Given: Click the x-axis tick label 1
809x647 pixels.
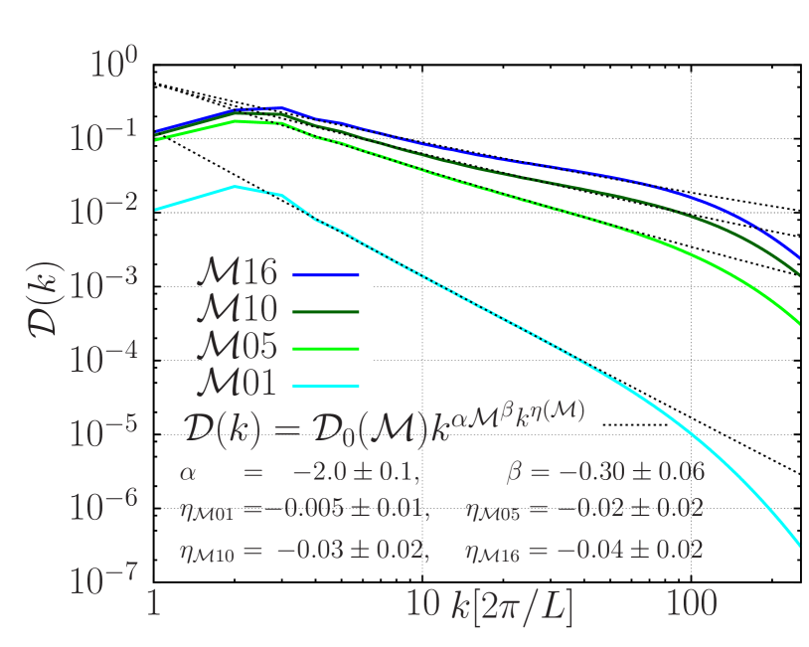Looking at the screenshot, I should [154, 603].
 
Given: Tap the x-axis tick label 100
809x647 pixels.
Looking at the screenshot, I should [692, 603].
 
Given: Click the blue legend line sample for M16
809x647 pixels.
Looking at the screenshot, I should [326, 273].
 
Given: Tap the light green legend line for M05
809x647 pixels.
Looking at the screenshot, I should [326, 348].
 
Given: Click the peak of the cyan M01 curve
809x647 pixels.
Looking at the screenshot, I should [236, 186].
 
